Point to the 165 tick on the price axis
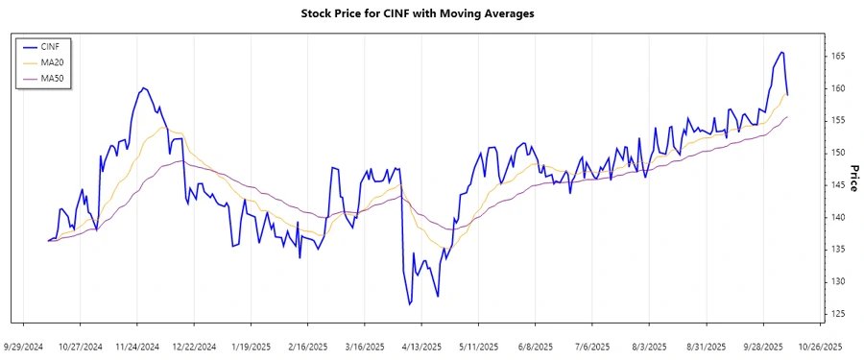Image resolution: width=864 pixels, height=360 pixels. coord(837,57)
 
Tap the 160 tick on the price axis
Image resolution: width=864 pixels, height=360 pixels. coord(837,88)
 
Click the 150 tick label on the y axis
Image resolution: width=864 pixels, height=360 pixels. coord(837,153)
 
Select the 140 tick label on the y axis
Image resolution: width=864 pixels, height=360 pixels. coord(837,217)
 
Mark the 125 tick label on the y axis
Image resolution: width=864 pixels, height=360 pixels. coord(837,314)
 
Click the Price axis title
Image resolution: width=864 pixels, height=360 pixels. coord(853,178)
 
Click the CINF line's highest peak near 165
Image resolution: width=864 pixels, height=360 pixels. coord(781,52)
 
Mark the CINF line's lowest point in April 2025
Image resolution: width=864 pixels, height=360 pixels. coord(409,305)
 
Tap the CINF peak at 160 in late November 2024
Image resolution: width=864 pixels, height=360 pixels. coord(143,88)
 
